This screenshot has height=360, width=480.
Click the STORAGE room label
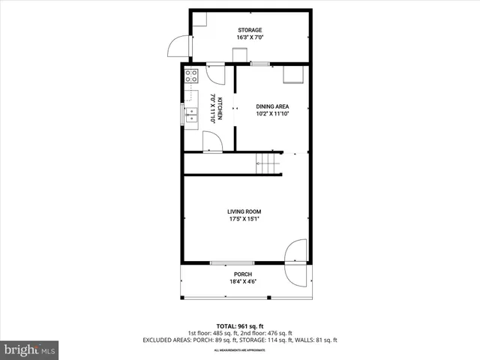(250, 30)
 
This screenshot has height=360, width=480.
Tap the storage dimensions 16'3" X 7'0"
(250, 37)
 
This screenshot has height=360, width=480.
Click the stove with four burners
(191, 76)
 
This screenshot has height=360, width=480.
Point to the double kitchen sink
(191, 115)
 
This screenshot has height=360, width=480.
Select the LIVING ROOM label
(244, 211)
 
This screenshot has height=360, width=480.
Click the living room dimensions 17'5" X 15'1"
(244, 219)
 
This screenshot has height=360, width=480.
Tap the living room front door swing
(297, 252)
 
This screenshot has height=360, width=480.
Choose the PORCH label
(242, 274)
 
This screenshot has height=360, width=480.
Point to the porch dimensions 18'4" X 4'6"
(242, 282)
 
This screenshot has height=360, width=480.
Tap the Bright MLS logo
(30, 349)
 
